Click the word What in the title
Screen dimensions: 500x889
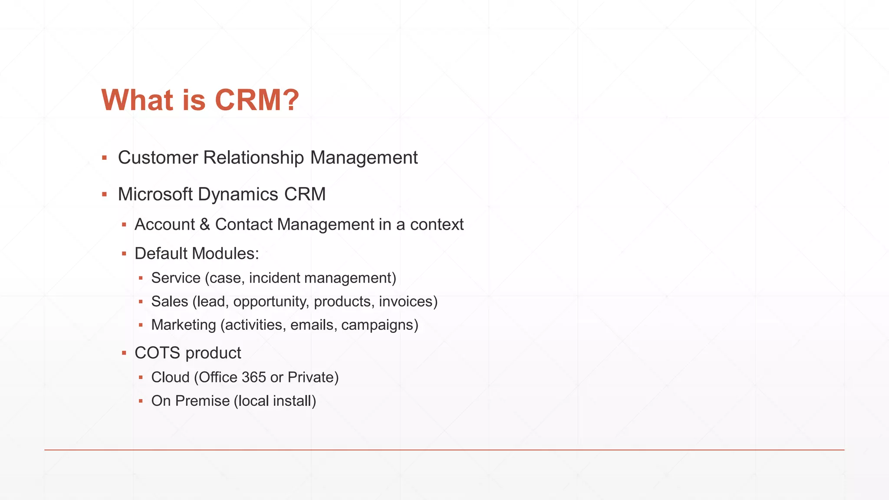(x=138, y=100)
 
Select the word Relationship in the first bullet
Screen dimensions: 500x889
(x=254, y=158)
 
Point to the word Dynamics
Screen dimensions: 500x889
(x=238, y=195)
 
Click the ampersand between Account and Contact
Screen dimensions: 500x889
(x=205, y=224)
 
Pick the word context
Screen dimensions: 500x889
(x=437, y=224)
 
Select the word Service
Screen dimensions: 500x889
(x=176, y=278)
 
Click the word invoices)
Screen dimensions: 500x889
(x=408, y=301)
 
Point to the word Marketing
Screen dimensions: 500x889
(x=183, y=325)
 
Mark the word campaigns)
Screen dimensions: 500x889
(x=380, y=325)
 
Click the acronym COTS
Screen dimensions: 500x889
(x=157, y=353)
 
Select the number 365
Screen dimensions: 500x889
(x=254, y=377)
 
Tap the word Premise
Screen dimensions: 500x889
(x=202, y=401)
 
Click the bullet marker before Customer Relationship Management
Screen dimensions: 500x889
(x=104, y=158)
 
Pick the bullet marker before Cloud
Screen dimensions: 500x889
(x=141, y=378)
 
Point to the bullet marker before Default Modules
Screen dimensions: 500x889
(x=124, y=253)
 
